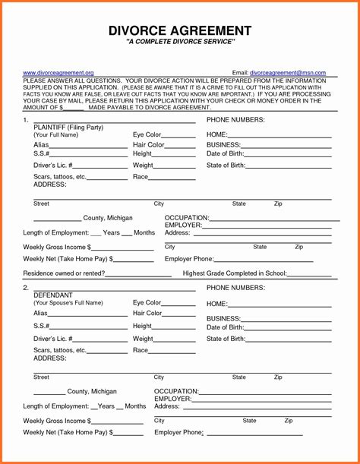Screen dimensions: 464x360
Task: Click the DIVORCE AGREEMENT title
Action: (180, 30)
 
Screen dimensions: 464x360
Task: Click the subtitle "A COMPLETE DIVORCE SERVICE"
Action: (180, 45)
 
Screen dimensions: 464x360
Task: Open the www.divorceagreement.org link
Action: (58, 72)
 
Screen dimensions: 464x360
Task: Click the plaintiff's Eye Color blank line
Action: (179, 136)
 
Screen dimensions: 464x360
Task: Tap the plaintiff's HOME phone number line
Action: (280, 136)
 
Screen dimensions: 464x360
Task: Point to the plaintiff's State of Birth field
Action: (289, 166)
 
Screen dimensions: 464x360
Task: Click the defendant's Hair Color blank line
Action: (179, 314)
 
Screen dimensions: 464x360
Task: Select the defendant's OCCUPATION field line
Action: (266, 392)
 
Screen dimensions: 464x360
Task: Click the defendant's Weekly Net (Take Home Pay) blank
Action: (129, 434)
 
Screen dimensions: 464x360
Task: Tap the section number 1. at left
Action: (26, 120)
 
